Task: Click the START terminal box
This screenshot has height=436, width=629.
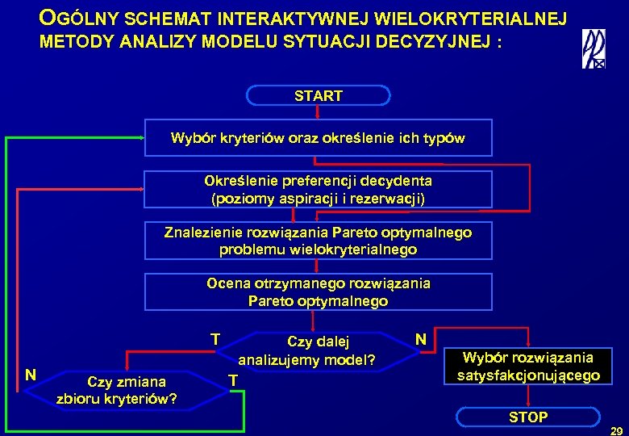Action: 318,96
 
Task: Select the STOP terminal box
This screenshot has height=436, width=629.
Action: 528,417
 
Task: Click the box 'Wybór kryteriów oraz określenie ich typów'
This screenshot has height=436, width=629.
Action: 318,138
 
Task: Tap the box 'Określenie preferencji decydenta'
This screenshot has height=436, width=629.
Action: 318,190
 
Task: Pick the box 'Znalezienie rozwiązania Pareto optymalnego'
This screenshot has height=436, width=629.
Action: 318,241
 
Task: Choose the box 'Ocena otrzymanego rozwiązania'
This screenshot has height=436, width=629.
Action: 318,292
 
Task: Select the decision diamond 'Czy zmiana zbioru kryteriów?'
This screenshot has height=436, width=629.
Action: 118,390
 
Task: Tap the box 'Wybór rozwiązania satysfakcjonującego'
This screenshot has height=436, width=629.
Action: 528,367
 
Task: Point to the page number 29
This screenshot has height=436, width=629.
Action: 617,430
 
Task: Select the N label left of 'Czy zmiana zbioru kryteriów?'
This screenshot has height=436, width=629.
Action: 30,374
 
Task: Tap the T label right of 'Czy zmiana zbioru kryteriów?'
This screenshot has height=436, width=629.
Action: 232,380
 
